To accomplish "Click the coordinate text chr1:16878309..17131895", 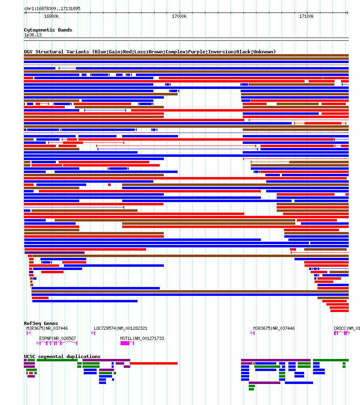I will point(52,8).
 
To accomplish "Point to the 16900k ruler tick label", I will point(51,17).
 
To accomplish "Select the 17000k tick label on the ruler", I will point(179,17).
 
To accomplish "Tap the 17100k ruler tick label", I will point(307,17).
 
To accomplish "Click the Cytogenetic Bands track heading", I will point(48,30).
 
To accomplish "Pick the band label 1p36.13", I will point(33,35).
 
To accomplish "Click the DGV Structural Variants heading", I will point(150,52).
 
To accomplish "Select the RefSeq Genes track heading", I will point(41,323).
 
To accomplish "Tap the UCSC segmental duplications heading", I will point(62,356).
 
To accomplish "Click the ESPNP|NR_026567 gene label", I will point(57,338).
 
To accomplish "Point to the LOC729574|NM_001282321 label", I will point(121,328).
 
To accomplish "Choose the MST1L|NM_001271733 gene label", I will point(142,338).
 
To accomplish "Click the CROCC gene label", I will point(346,328).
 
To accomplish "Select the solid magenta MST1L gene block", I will point(125,343).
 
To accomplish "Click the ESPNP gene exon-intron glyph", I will point(57,343).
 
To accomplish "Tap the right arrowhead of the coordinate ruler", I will point(347,13).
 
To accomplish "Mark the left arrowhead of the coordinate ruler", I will point(25,13).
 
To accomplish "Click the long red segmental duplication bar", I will point(154,363).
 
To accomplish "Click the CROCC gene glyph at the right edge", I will point(341,333).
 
